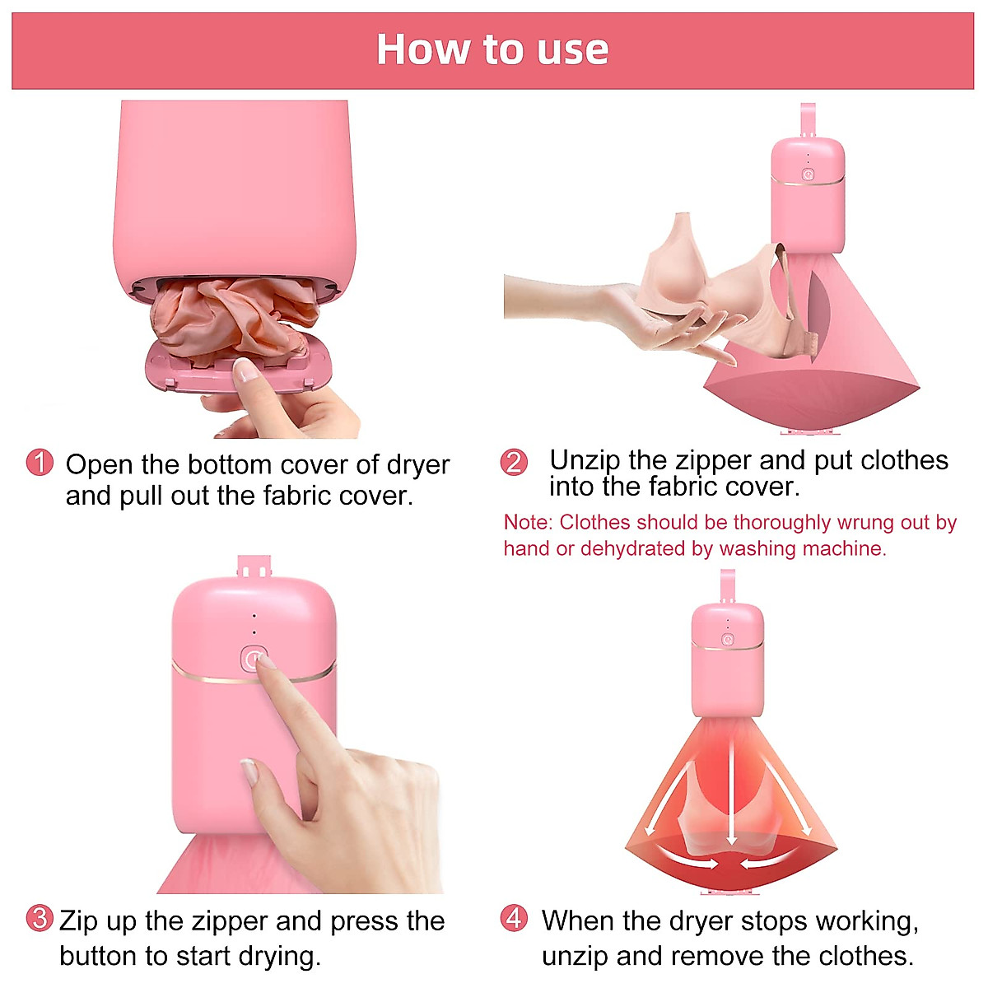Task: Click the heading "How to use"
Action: click(492, 49)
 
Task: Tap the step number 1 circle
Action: click(40, 463)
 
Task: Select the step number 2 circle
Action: click(514, 462)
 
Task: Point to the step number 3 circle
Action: click(40, 918)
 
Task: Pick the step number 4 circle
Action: click(515, 918)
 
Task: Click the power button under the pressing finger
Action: click(254, 659)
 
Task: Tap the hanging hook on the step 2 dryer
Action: click(807, 119)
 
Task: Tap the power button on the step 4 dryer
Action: click(727, 639)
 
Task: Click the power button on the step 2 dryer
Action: click(808, 174)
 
